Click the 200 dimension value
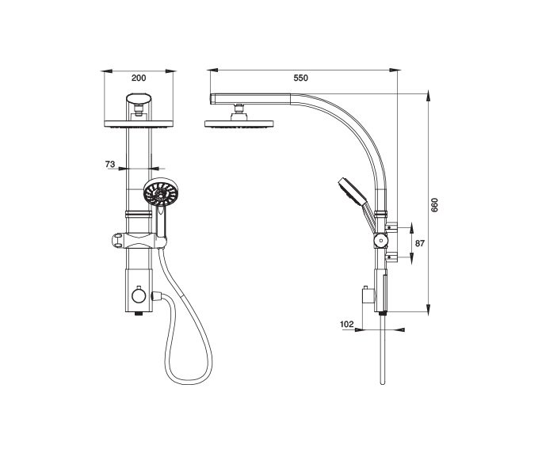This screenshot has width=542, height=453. (139, 78)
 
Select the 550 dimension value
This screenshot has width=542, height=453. (300, 78)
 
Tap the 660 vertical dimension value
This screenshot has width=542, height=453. (434, 205)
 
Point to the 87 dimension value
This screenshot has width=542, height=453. (420, 243)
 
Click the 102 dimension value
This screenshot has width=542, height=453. (347, 324)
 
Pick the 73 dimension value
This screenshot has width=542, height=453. (110, 165)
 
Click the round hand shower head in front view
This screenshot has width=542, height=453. (160, 192)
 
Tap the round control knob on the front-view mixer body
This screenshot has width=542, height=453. (139, 295)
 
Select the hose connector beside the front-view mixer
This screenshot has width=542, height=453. (156, 296)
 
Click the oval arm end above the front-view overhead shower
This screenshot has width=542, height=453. (139, 98)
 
